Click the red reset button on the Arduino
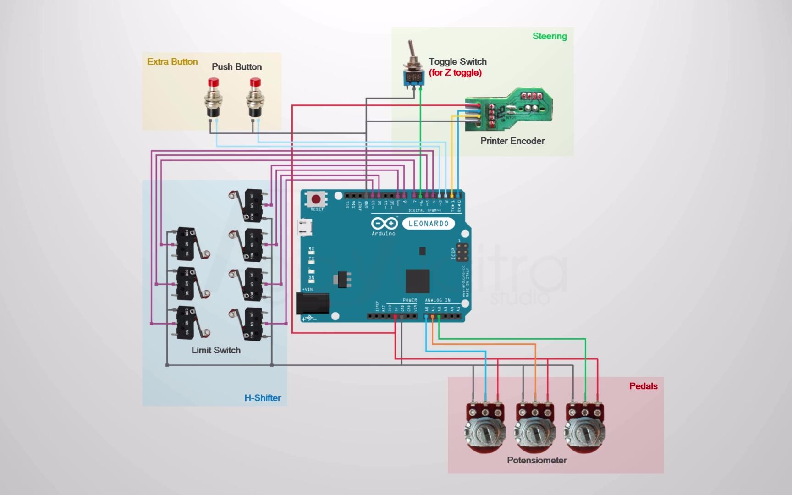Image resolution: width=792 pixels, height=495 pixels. click(316, 199)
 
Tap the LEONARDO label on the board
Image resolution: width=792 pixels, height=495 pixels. click(428, 224)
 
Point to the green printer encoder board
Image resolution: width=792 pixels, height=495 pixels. click(509, 107)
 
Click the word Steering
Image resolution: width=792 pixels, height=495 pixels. click(549, 36)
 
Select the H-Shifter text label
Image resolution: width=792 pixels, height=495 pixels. click(262, 398)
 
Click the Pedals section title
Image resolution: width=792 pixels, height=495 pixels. click(643, 386)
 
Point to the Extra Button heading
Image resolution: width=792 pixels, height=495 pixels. click(172, 61)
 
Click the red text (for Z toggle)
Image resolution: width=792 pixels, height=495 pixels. click(455, 72)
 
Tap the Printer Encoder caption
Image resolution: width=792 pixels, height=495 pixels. click(512, 141)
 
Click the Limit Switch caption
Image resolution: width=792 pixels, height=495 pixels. click(215, 350)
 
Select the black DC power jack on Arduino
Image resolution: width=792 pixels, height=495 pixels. click(313, 303)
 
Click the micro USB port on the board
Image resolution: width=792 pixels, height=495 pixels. click(305, 227)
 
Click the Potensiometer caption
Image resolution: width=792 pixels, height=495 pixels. click(536, 460)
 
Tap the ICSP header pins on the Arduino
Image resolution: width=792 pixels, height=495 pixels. click(462, 251)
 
